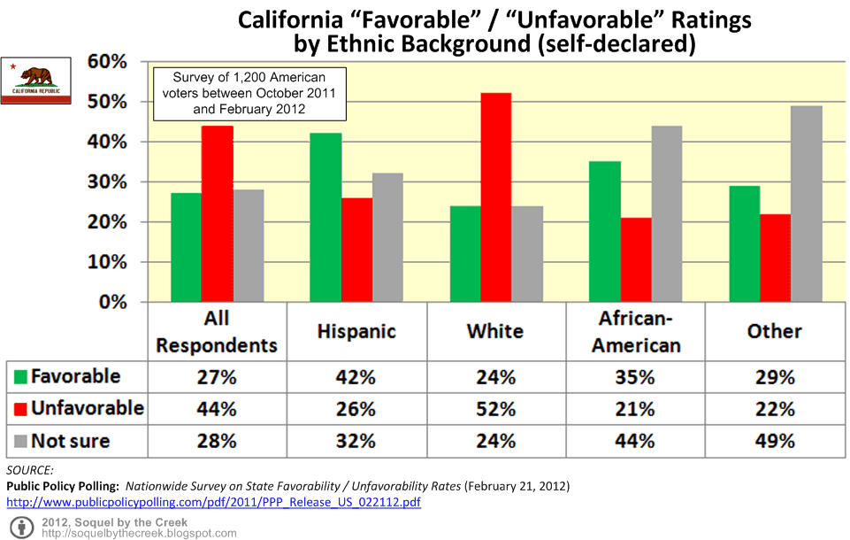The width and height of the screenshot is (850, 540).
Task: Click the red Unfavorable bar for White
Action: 496,197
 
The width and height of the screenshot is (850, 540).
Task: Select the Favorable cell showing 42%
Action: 356,377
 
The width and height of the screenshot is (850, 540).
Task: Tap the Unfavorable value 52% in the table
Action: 495,409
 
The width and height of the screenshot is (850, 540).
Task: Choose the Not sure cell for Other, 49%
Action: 774,440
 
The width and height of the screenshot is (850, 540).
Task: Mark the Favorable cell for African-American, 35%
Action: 634,377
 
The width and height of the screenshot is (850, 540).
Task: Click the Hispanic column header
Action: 356,331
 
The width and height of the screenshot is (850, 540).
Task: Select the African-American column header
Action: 634,331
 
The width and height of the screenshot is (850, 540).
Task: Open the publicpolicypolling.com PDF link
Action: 213,502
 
